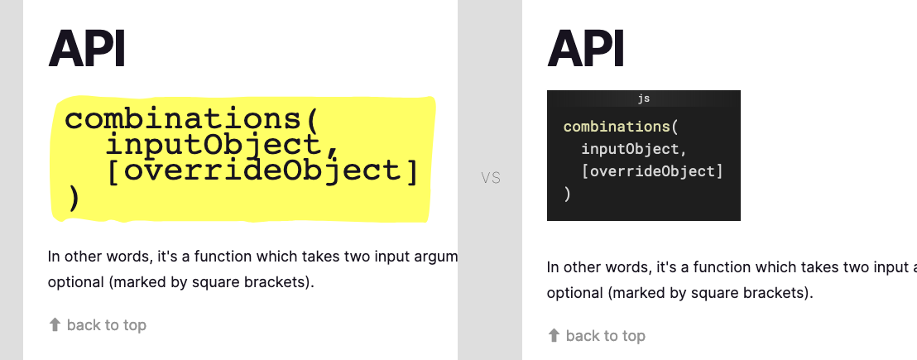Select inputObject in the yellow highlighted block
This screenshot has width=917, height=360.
[212, 145]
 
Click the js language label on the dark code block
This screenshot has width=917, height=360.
[643, 98]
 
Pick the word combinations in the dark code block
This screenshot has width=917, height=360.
[615, 127]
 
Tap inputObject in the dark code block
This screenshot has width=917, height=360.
[634, 150]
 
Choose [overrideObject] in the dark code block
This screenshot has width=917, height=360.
[652, 172]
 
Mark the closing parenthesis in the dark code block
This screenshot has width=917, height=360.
[567, 194]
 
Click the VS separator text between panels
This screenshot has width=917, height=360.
[491, 178]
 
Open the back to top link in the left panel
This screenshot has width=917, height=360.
[106, 325]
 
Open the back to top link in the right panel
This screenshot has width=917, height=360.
[605, 335]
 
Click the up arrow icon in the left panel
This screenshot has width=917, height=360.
[55, 325]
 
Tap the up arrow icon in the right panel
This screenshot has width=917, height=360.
[554, 335]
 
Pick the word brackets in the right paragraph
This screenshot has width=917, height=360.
[777, 292]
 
